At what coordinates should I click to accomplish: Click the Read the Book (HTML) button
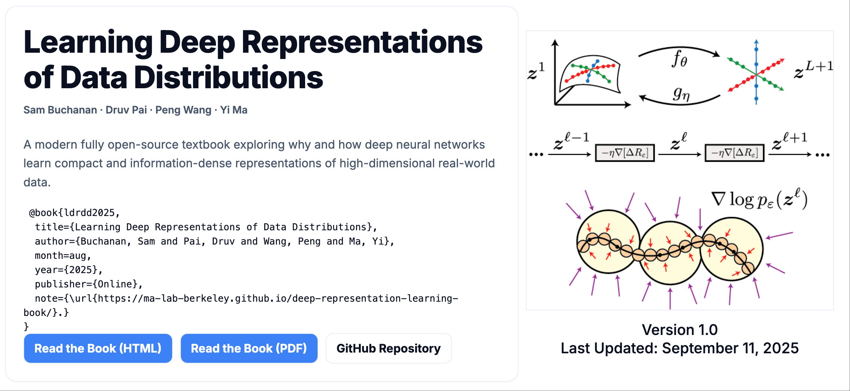pyautogui.click(x=98, y=348)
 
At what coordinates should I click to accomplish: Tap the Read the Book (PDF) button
pyautogui.click(x=249, y=348)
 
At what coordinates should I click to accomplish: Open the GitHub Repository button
pyautogui.click(x=388, y=348)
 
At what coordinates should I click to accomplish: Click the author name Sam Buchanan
pyautogui.click(x=60, y=110)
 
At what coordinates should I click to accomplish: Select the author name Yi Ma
pyautogui.click(x=234, y=110)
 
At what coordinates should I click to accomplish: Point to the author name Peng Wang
pyautogui.click(x=183, y=110)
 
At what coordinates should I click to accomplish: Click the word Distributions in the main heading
pyautogui.click(x=229, y=78)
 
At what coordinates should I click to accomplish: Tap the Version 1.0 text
pyautogui.click(x=680, y=329)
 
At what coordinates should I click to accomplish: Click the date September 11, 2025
pyautogui.click(x=730, y=348)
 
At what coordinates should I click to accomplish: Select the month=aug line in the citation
pyautogui.click(x=63, y=256)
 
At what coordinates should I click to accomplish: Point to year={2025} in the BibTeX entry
pyautogui.click(x=68, y=270)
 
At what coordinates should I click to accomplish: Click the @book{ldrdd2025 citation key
pyautogui.click(x=74, y=213)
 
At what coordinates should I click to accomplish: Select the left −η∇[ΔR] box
pyautogui.click(x=625, y=153)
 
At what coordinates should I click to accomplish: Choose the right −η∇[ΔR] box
pyautogui.click(x=735, y=153)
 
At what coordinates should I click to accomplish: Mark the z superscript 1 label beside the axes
pyautogui.click(x=536, y=71)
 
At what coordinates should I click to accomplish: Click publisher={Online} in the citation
pyautogui.click(x=88, y=284)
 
